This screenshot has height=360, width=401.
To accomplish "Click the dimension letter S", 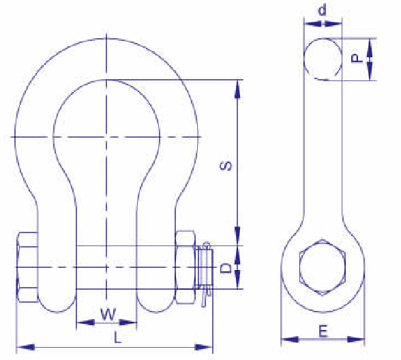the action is coord(226,166).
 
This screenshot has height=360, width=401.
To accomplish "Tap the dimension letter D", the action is coord(226,269).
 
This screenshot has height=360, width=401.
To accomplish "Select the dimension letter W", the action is coord(108,314).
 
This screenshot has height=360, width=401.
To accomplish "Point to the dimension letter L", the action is coord(117,337).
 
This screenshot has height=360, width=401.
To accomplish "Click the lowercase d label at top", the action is coord(323,10).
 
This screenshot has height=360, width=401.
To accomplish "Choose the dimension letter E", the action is coord(323,331).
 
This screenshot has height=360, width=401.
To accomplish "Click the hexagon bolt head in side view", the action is coord(323,268).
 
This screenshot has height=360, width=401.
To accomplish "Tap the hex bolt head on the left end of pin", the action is coord(27,267).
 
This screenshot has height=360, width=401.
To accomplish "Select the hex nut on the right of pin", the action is coord(185,267).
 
